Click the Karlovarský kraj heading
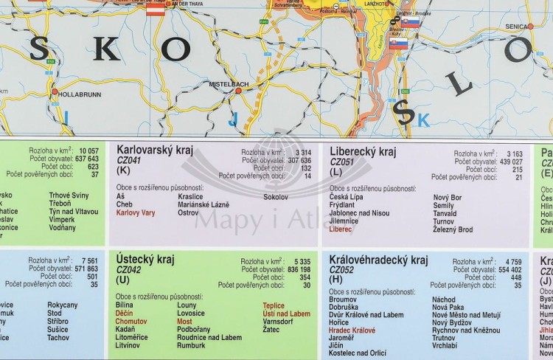tap(154, 150)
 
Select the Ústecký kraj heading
tap(145, 259)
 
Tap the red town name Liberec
tap(341, 229)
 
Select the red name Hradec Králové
tap(352, 330)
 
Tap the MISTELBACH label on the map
tap(229, 84)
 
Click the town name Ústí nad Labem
tap(286, 314)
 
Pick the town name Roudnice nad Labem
tap(209, 337)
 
